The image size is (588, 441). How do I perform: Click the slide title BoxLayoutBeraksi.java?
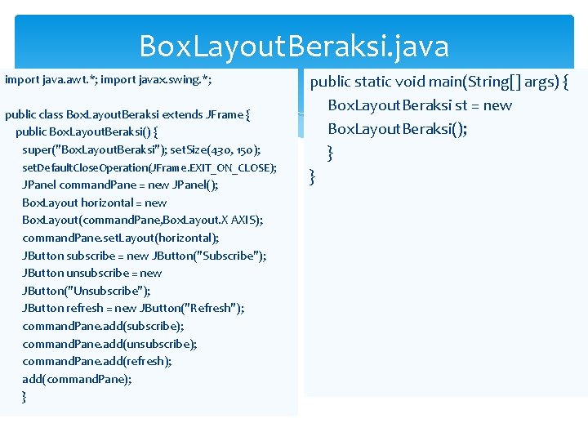coord(294,46)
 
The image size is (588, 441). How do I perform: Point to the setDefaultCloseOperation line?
coord(149,167)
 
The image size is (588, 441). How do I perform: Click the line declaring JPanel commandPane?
coord(120,185)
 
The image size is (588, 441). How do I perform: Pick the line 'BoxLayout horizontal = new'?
coord(94,203)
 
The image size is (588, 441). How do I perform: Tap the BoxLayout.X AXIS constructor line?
coord(142,220)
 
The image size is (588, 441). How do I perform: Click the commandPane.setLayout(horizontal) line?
coord(120,238)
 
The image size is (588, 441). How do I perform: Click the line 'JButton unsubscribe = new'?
coord(91,273)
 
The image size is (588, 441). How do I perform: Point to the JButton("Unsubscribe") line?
coord(86,291)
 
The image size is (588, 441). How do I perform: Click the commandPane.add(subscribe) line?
coord(103,326)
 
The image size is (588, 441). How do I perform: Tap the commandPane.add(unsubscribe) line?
coord(109,344)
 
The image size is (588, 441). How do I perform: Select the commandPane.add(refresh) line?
coord(96,361)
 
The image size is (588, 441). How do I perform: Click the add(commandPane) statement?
coord(77,379)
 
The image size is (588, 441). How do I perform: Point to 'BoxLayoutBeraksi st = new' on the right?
coord(420,105)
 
